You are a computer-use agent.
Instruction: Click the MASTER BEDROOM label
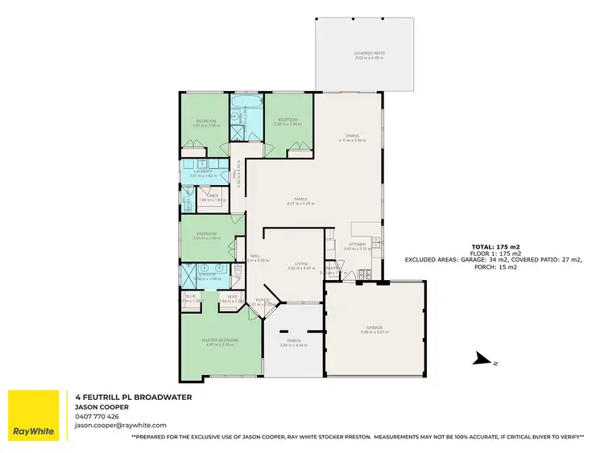click(x=220, y=340)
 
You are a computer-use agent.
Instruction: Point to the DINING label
click(x=352, y=135)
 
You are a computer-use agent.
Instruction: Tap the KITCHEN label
click(x=357, y=244)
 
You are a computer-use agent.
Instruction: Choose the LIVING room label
click(x=302, y=263)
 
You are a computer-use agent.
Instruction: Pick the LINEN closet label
click(x=213, y=196)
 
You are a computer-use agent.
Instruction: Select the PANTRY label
click(x=330, y=269)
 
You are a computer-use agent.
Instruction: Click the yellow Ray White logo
click(x=33, y=414)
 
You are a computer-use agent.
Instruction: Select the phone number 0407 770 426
click(x=97, y=416)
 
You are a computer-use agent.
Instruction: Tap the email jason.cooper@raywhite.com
click(x=120, y=425)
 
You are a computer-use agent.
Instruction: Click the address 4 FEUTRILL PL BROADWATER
click(x=132, y=397)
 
